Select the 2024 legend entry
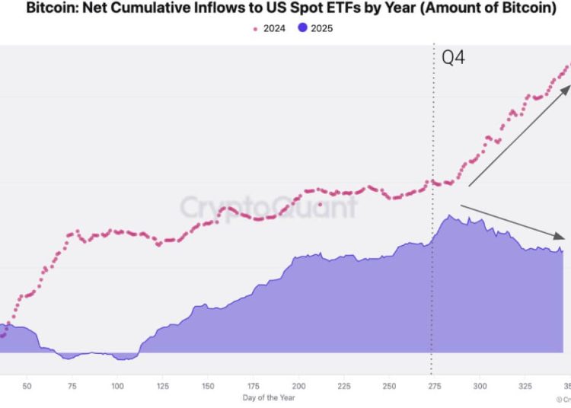click(270, 28)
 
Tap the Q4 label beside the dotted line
click(454, 58)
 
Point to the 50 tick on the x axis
click(27, 387)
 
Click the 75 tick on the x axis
click(72, 387)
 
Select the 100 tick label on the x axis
click(117, 387)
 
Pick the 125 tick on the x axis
click(163, 387)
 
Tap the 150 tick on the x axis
click(208, 387)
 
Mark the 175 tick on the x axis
click(253, 387)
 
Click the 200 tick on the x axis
click(298, 387)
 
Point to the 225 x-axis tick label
click(343, 387)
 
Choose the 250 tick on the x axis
click(389, 387)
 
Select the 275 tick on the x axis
click(434, 387)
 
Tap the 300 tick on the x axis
click(480, 387)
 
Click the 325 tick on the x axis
click(525, 387)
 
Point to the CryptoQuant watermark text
click(268, 207)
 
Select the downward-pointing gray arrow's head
click(564, 235)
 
